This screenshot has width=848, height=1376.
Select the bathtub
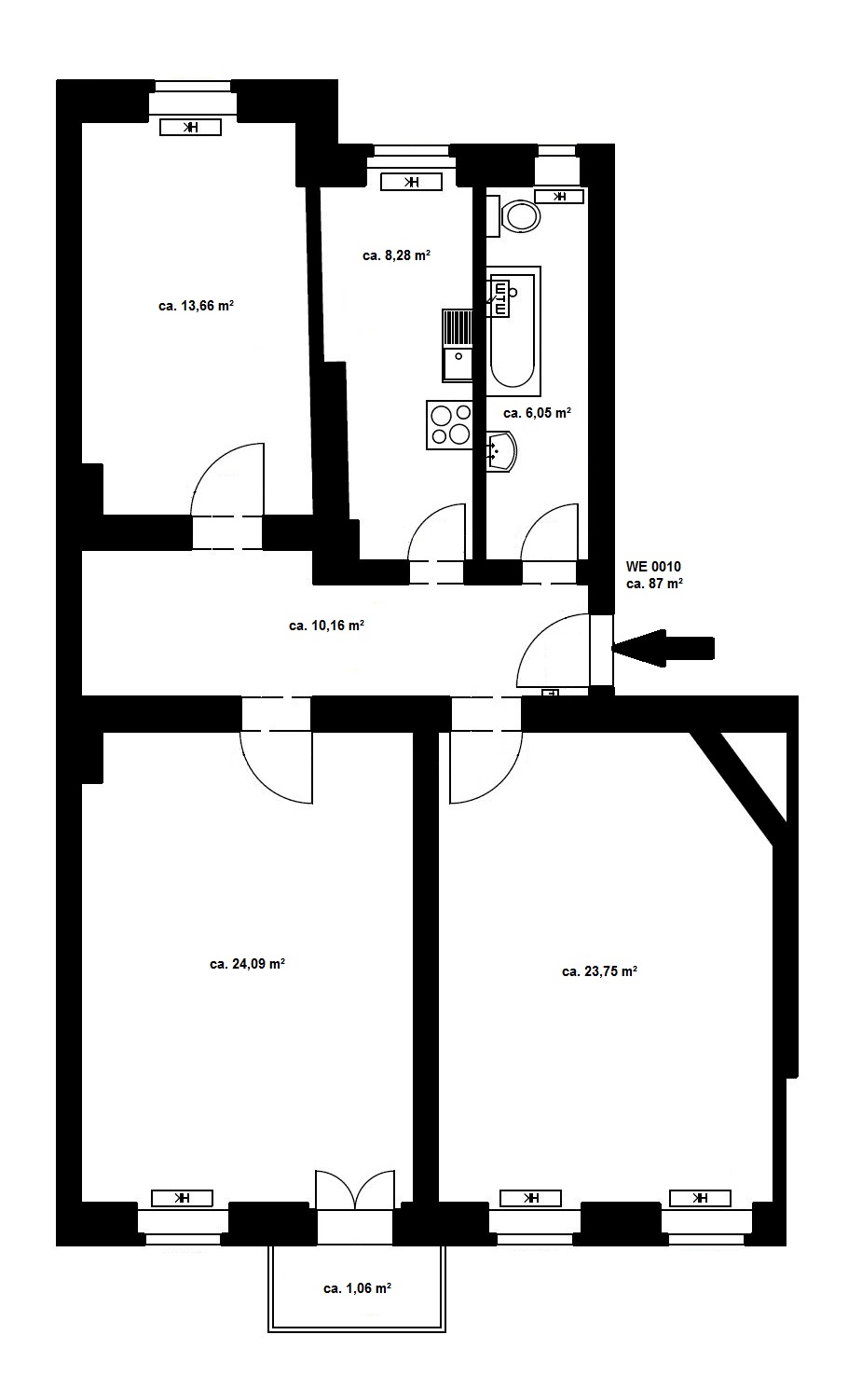tap(514, 331)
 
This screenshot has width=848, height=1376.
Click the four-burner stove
tap(450, 425)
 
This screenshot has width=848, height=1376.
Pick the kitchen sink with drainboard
tap(458, 345)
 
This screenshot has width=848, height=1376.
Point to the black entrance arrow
tap(663, 648)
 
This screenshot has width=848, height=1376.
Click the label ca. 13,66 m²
tap(196, 306)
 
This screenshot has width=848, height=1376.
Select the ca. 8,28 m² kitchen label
tap(396, 255)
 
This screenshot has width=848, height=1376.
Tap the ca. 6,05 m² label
tap(538, 413)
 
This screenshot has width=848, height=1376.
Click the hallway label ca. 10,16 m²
tap(327, 626)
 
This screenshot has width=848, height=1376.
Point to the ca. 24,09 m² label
tap(247, 964)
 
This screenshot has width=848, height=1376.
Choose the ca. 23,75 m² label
tap(599, 971)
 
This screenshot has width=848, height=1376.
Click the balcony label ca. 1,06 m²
tap(358, 1288)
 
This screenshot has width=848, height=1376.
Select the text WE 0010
tap(653, 567)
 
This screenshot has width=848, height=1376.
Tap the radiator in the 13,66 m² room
tap(190, 128)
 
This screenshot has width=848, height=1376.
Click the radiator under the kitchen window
tap(411, 182)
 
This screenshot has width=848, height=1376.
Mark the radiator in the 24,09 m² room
tap(182, 1198)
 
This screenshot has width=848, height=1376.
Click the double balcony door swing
tap(355, 1189)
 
